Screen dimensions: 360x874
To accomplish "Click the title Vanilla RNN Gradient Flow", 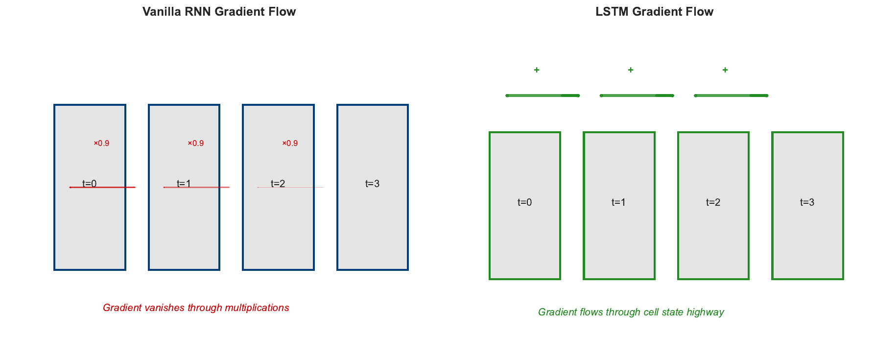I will [219, 12].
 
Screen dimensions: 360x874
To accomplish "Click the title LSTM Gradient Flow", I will [654, 12].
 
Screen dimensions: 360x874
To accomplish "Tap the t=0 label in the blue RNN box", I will [89, 184].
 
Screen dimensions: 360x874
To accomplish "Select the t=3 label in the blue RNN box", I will [372, 184].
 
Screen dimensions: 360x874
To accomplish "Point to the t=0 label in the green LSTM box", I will [524, 202].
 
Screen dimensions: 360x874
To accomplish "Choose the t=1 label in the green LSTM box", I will [618, 202].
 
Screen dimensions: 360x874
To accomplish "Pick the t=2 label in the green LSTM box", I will [713, 202].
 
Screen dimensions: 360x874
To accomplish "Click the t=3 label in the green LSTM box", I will [807, 202].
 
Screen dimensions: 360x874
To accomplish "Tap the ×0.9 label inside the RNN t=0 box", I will [101, 144].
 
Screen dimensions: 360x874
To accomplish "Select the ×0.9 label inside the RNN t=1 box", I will [196, 144].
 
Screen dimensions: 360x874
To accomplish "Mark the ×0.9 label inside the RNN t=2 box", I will [290, 144].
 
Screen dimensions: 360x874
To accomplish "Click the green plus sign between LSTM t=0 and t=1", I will [537, 70].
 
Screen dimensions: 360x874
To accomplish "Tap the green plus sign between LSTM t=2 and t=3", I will [725, 70].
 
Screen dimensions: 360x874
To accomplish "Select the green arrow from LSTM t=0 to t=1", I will [543, 96].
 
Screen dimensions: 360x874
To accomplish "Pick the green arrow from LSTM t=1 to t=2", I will [637, 96].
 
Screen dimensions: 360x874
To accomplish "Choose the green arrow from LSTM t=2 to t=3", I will [731, 96].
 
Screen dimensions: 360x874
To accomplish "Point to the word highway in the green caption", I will [705, 312].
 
